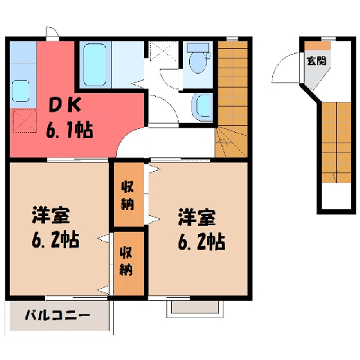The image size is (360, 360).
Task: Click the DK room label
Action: [64, 105]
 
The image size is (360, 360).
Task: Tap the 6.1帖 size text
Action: [70, 130]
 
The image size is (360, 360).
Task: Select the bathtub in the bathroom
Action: [94, 64]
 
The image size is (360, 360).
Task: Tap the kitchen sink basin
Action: [20, 91]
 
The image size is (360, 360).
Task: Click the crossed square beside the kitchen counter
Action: [25, 121]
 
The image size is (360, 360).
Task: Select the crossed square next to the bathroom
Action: [163, 50]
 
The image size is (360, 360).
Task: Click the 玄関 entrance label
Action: [316, 61]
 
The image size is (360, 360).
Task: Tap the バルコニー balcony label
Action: [58, 315]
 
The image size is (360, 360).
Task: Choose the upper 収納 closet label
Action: [127, 195]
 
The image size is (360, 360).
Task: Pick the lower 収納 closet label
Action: [126, 261]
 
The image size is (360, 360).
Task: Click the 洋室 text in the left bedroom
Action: [51, 214]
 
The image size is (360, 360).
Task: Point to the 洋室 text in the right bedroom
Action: [197, 217]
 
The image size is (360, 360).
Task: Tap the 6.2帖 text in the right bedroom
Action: [202, 241]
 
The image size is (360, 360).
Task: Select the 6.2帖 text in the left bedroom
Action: [55, 239]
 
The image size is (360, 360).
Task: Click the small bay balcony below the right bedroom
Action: [195, 308]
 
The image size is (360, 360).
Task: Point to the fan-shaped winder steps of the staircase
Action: [231, 142]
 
